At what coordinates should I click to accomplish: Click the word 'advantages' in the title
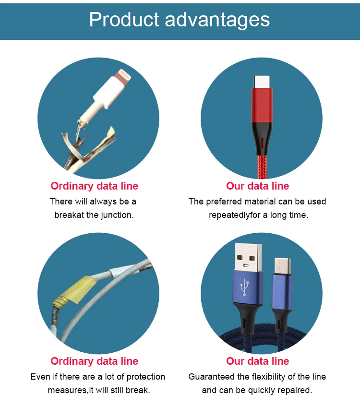(x=217, y=20)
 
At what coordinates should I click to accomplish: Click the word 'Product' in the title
(x=124, y=19)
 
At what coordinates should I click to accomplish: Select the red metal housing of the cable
(x=262, y=105)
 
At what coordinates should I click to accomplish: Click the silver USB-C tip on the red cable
(x=262, y=82)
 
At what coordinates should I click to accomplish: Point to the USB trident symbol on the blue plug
(x=244, y=287)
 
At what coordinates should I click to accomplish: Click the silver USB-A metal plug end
(x=248, y=257)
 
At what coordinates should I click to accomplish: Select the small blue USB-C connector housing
(x=282, y=292)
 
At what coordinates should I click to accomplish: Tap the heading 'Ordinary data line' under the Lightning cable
(x=95, y=186)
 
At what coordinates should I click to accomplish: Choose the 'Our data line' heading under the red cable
(x=257, y=186)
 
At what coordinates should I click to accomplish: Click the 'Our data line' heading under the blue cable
(x=257, y=361)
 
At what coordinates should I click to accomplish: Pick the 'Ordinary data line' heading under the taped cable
(x=95, y=361)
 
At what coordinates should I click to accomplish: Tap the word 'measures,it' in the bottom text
(x=71, y=391)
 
